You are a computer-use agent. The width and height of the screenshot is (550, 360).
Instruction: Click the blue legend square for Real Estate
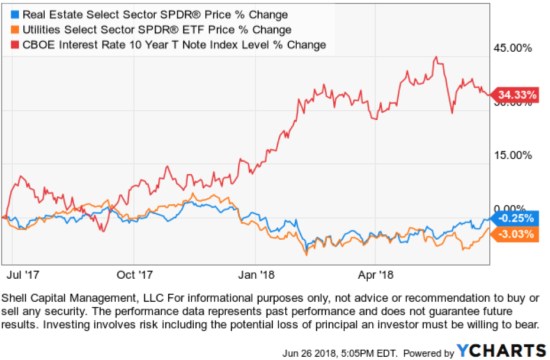pyautogui.click(x=11, y=16)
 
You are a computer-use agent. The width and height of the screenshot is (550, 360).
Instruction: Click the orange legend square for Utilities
pyautogui.click(x=11, y=30)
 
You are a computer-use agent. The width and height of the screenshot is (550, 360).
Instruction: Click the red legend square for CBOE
pyautogui.click(x=11, y=44)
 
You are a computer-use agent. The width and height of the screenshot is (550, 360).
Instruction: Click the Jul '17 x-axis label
pyautogui.click(x=23, y=272)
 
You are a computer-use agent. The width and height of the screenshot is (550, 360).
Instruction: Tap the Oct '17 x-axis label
pyautogui.click(x=134, y=272)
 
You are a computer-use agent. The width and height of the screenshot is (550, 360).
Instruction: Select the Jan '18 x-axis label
pyautogui.click(x=253, y=272)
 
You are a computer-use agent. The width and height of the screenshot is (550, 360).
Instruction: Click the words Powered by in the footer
pyautogui.click(x=427, y=350)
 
